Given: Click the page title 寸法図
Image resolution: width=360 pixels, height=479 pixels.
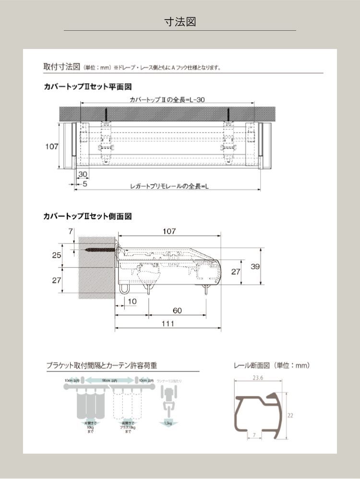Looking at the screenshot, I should (180, 22).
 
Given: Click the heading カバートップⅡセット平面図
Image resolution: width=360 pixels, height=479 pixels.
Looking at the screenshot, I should (88, 87).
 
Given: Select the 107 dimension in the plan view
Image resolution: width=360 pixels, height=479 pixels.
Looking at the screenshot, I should (52, 147).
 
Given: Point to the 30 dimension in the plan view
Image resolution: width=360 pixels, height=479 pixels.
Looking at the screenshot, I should (82, 174).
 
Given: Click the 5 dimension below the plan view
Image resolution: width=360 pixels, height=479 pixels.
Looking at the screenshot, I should (85, 184).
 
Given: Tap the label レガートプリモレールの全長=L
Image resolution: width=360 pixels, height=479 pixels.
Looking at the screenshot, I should (169, 186).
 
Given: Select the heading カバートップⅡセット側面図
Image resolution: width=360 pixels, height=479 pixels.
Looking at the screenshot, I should (88, 217).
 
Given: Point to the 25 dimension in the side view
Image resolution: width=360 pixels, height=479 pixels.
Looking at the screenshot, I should (57, 256).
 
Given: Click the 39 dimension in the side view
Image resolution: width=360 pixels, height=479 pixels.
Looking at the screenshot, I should (255, 266).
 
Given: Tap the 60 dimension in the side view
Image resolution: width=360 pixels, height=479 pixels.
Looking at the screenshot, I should (177, 311).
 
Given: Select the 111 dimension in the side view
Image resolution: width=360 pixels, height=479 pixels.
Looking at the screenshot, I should (168, 324).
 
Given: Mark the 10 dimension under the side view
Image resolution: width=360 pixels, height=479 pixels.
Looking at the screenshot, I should (132, 301).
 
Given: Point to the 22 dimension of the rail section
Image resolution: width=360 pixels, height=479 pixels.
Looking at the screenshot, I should (290, 416).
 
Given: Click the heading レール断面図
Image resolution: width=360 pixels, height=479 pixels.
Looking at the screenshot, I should (272, 366).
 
